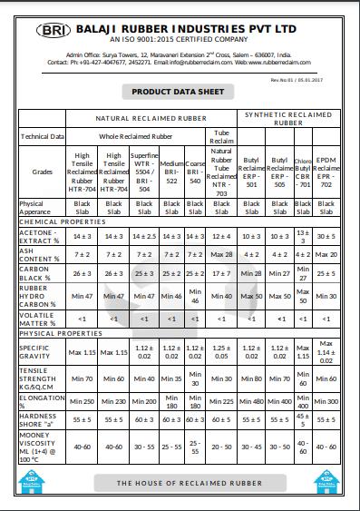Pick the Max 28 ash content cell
221,256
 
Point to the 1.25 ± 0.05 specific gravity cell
221,352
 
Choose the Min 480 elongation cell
252,401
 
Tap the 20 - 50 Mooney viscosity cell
221,447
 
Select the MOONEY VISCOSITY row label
42,447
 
